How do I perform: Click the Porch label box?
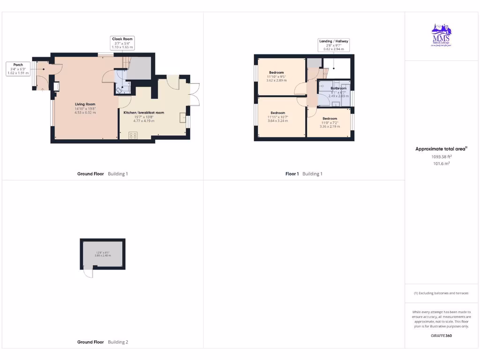coord(18,68)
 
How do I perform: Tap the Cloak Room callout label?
coord(122,43)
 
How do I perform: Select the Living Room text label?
coord(85,108)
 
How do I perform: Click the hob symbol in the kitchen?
coord(133,135)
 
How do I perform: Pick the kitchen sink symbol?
coord(183,117)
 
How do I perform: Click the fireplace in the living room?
coord(57,86)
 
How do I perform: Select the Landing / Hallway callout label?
coord(333,45)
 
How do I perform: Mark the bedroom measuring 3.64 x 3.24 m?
coord(277,117)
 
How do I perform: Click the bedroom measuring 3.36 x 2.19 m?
coord(330,122)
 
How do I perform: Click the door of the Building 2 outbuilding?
coord(88,272)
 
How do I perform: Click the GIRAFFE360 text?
coord(441,336)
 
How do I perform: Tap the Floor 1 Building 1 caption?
coord(304,174)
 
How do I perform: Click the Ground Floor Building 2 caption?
coord(102,342)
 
